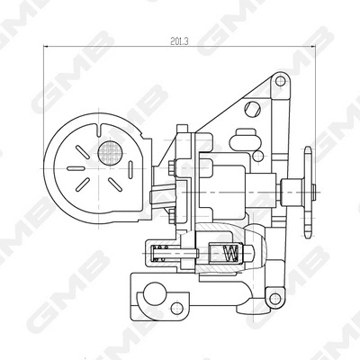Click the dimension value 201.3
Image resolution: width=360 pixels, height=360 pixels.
coord(179,41)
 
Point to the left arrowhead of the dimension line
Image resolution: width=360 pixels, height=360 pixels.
coord(46,46)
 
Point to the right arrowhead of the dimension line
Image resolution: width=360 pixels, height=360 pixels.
coord(314,46)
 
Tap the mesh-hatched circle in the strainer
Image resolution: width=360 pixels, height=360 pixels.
coord(110,153)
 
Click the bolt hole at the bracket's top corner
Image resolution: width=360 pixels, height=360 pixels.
coord(280,81)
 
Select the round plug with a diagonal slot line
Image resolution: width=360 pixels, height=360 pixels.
coord(252,109)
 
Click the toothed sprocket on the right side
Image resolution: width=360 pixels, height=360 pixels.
coord(308,192)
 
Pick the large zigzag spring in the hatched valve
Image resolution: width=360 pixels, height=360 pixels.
coord(231,253)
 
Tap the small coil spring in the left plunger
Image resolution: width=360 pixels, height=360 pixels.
coord(162,253)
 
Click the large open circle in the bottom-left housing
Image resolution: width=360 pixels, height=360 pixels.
coord(155,293)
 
